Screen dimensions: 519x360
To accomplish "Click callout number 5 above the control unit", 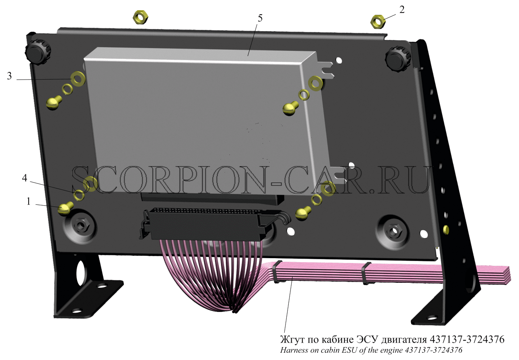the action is click(260, 19).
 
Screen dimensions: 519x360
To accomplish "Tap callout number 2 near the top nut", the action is click(402, 10).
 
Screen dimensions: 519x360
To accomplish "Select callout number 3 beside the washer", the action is click(9, 76).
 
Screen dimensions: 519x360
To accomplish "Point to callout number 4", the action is click(25, 178).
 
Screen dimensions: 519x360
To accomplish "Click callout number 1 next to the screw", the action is click(29, 202).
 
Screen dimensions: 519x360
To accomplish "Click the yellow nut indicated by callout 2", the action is click(378, 22).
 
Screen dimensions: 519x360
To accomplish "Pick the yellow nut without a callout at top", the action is click(141, 17).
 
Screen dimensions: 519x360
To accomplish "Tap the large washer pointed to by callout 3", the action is click(78, 79).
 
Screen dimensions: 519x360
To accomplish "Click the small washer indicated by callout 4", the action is click(79, 195).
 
